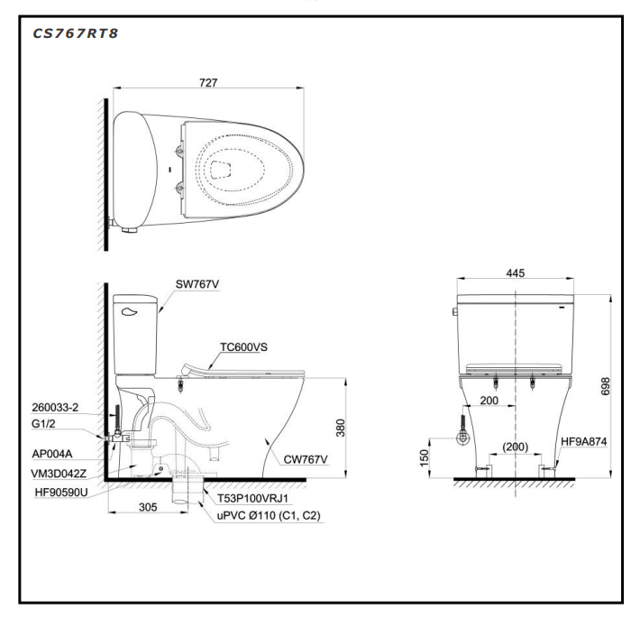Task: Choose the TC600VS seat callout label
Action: (243, 346)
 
